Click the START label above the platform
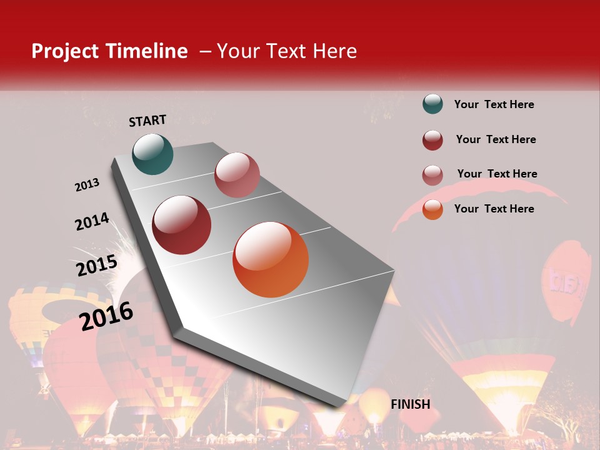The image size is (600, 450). (x=147, y=121)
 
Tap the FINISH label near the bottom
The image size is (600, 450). (x=411, y=404)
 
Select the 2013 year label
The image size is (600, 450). (x=87, y=185)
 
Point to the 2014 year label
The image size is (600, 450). (x=92, y=222)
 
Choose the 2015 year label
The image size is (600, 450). (x=97, y=266)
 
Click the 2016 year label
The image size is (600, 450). (x=106, y=316)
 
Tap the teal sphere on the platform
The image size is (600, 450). (x=152, y=154)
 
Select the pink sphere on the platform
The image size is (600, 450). (x=237, y=175)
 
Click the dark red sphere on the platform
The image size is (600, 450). (x=182, y=225)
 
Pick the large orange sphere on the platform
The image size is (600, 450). (x=271, y=259)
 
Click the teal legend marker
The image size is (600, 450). (x=432, y=104)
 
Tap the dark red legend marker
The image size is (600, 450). (x=432, y=140)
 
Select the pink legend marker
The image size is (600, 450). (x=432, y=175)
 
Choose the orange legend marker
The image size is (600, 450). (x=432, y=209)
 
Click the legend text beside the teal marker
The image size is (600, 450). (x=494, y=104)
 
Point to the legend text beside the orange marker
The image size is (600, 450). (x=494, y=209)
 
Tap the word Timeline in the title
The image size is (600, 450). (x=148, y=51)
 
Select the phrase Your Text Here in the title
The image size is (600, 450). (x=287, y=51)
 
